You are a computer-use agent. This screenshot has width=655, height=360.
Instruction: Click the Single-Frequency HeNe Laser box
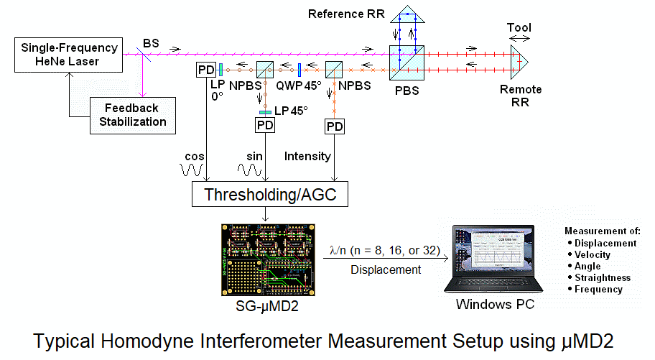pyautogui.click(x=70, y=55)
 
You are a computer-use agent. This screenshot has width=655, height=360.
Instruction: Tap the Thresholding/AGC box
pyautogui.click(x=271, y=194)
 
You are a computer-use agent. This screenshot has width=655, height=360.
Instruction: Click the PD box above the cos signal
pyautogui.click(x=205, y=70)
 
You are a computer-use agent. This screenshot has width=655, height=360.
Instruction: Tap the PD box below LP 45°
pyautogui.click(x=265, y=126)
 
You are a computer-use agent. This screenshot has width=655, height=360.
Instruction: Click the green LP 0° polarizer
pyautogui.click(x=221, y=69)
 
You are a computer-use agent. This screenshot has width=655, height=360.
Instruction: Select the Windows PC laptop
pyautogui.click(x=493, y=259)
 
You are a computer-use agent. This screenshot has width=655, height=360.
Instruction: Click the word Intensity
pyautogui.click(x=308, y=155)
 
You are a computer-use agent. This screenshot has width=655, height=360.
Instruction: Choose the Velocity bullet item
pyautogui.click(x=593, y=254)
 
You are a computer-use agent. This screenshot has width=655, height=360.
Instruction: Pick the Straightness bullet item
pyautogui.click(x=602, y=277)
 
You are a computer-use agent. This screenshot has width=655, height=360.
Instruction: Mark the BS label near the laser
pyautogui.click(x=151, y=44)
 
